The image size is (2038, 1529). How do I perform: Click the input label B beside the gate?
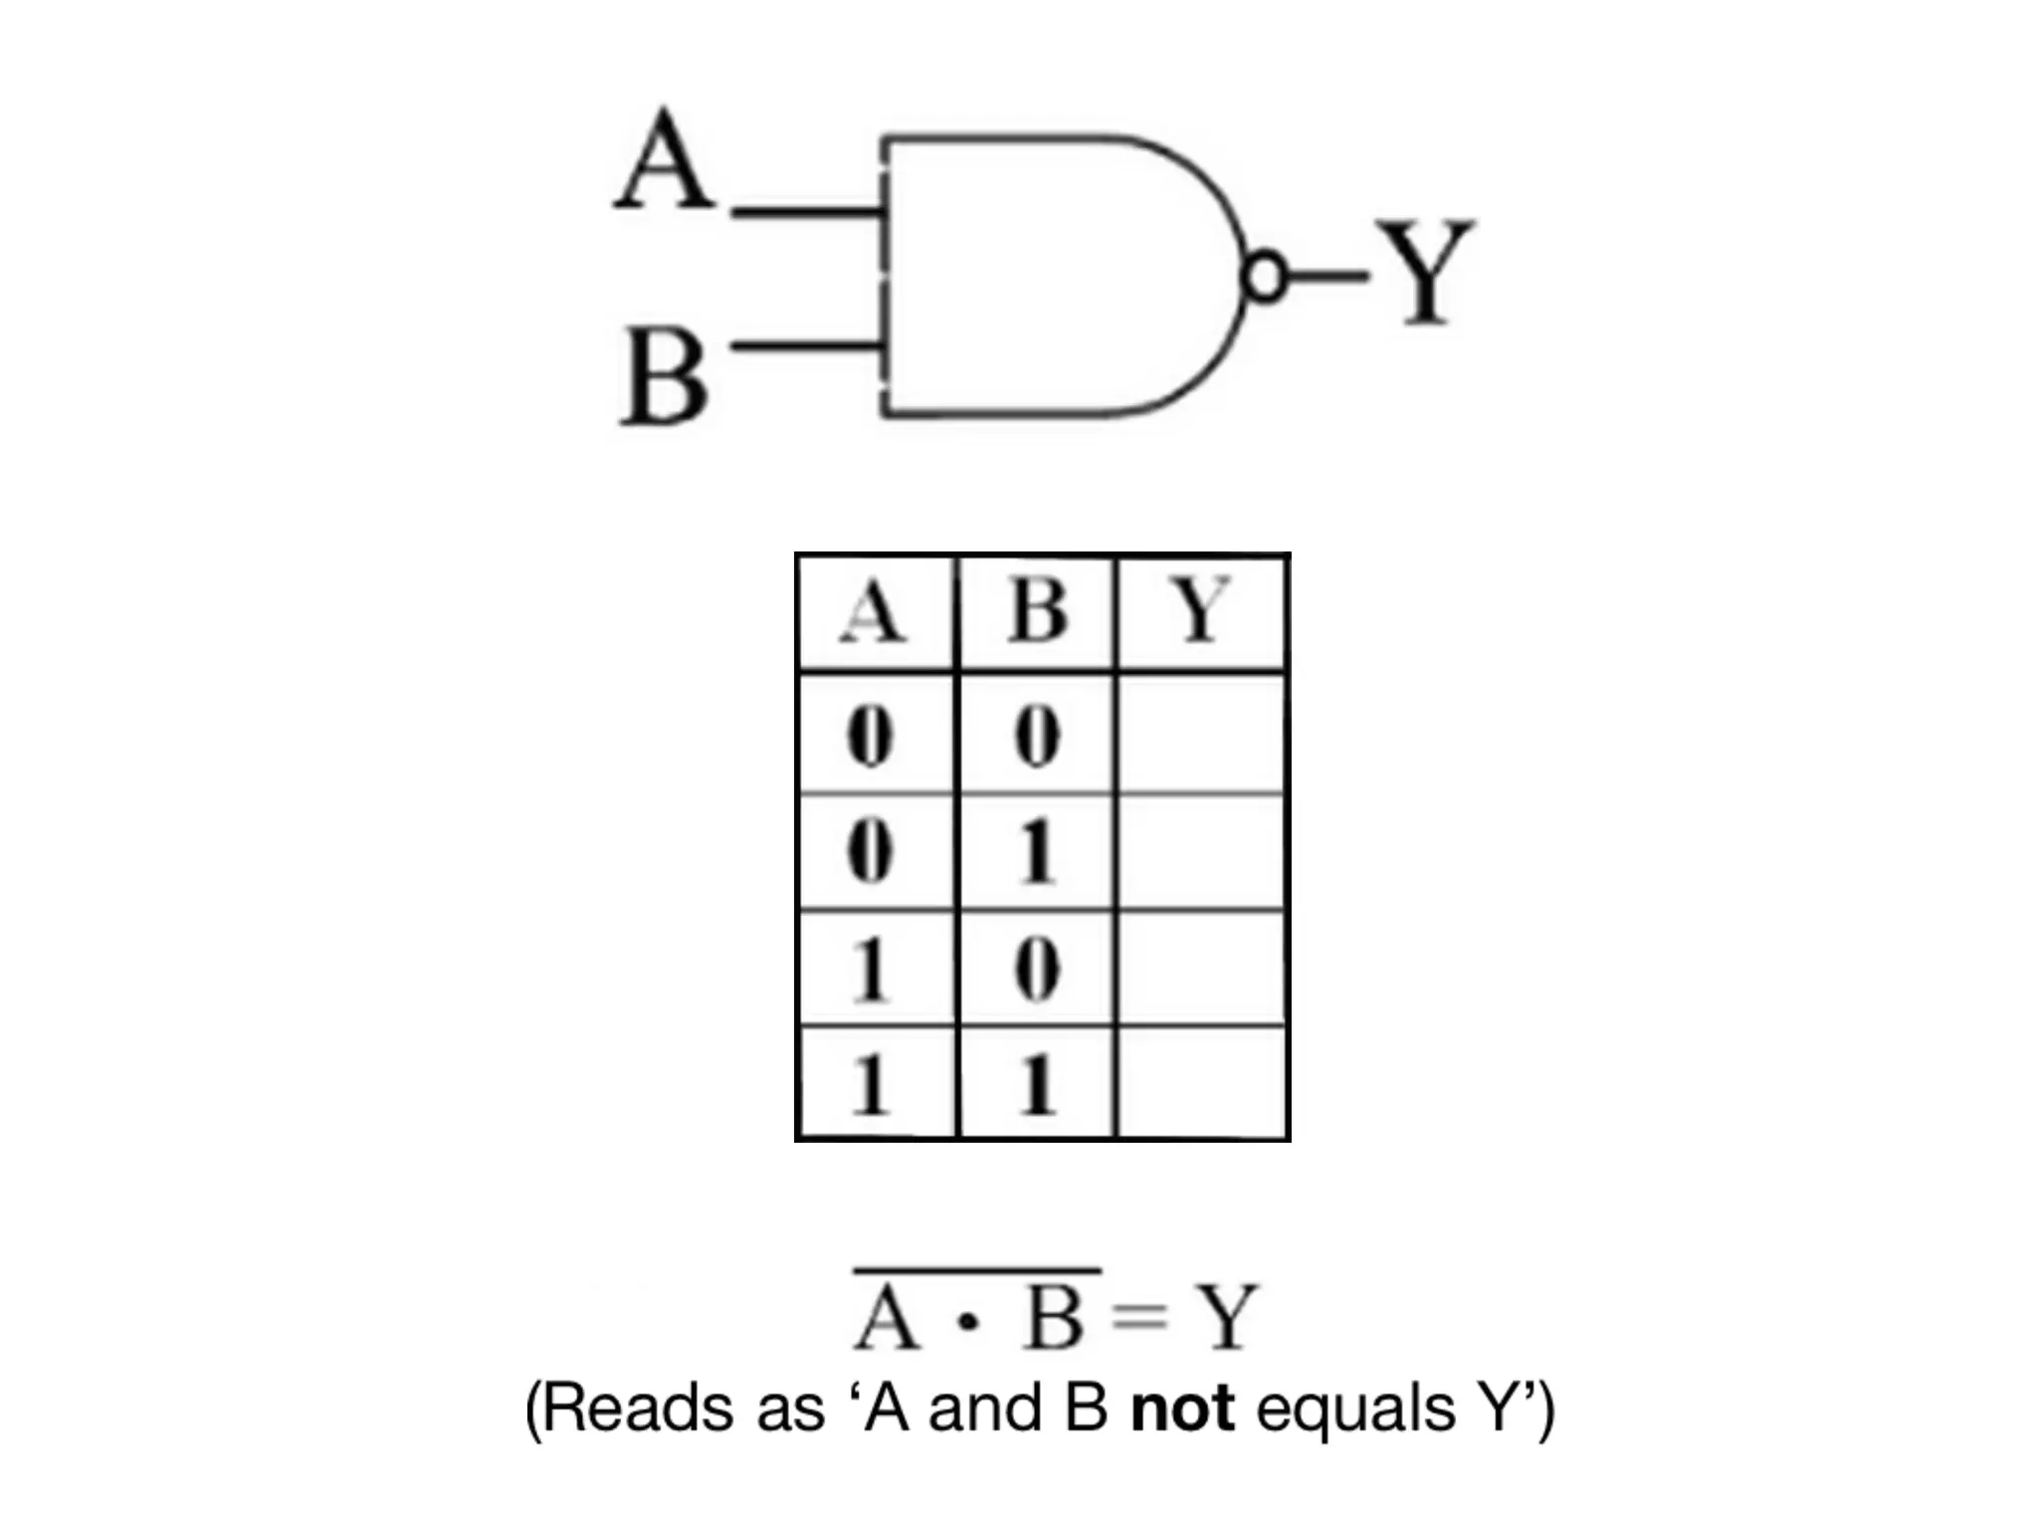[665, 378]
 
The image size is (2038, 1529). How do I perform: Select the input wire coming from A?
[806, 211]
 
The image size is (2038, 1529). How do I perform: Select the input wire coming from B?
[806, 346]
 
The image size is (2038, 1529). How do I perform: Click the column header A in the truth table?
[874, 611]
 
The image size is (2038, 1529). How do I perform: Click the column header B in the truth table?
[1037, 611]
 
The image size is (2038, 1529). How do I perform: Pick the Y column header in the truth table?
[1202, 611]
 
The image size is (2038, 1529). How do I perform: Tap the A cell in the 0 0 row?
[870, 738]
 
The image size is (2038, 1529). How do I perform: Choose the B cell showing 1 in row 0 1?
[1037, 852]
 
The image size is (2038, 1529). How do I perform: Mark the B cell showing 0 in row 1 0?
[1037, 969]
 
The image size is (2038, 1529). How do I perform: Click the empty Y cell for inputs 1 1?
[1202, 1083]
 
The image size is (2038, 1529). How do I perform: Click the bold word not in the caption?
[1182, 1410]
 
